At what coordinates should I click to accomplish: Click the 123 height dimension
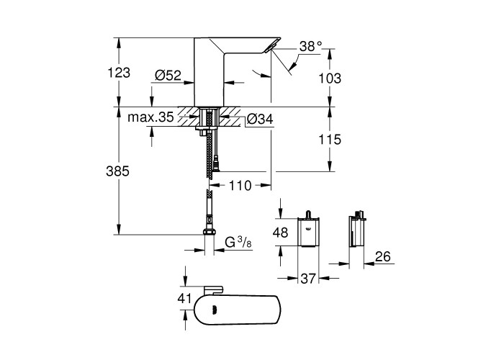coord(119,73)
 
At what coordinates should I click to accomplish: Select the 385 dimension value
coord(117,171)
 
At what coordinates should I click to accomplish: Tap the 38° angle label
coord(311,47)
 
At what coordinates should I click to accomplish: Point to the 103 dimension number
coord(330,78)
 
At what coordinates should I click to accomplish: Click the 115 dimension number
coord(330,140)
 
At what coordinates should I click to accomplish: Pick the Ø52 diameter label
coord(168,76)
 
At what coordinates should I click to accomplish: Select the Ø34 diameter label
coord(260,120)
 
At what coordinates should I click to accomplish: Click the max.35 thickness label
coord(150,117)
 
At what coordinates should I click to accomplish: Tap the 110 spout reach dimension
coord(240,186)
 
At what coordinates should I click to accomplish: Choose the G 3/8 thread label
coord(238,243)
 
